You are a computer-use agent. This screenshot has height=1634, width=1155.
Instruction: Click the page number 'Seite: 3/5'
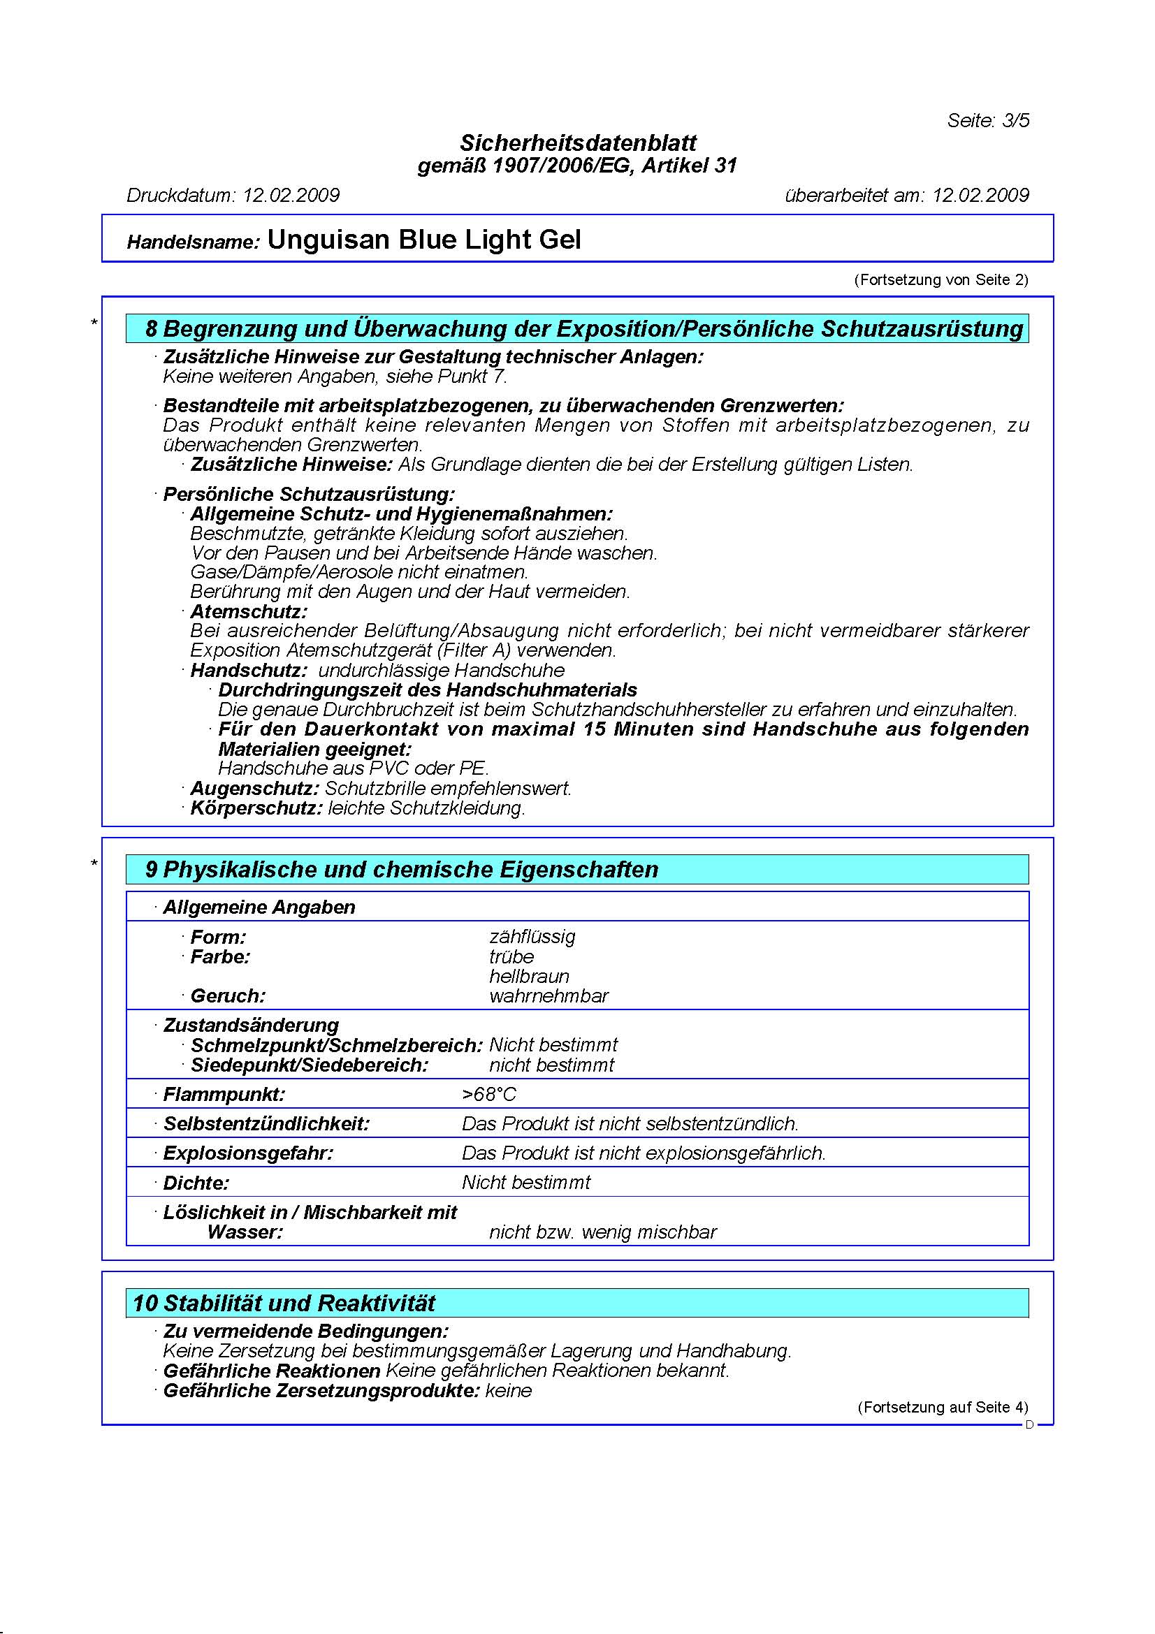pos(987,120)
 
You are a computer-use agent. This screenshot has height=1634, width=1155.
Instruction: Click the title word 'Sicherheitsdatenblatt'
pos(578,143)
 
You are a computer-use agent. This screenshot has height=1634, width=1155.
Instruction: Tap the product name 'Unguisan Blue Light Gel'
pos(424,240)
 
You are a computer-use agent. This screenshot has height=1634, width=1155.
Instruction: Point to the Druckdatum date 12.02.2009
pos(291,195)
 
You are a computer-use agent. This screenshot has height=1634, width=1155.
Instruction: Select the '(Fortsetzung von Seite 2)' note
pos(940,279)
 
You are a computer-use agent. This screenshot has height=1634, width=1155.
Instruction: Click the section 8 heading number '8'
pos(151,329)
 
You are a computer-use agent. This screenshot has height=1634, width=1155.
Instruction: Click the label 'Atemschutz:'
pos(248,611)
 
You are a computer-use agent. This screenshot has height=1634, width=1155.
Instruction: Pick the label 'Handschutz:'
pos(248,671)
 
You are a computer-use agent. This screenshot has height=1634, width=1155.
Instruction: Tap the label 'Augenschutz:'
pos(254,789)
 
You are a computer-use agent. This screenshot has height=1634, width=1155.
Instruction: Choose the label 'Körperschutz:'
pos(256,808)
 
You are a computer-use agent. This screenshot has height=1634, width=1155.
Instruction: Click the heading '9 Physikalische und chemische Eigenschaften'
pos(402,870)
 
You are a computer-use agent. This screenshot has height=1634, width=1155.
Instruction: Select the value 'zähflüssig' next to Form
pos(532,937)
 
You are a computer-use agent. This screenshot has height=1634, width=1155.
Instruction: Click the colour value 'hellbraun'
pos(529,977)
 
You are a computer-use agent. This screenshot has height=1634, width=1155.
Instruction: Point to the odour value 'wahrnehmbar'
pos(549,995)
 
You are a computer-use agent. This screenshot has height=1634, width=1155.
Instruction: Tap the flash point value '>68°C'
pos(489,1094)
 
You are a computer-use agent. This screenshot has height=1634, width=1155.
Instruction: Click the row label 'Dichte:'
pos(196,1183)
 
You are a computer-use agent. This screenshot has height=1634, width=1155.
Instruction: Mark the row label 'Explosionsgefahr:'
pos(247,1153)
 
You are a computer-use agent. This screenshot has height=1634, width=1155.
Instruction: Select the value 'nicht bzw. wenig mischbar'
pos(603,1232)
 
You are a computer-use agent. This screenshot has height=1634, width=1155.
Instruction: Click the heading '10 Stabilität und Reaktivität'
pos(284,1303)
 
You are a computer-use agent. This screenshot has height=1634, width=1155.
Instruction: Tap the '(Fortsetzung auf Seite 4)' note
pos(942,1407)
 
